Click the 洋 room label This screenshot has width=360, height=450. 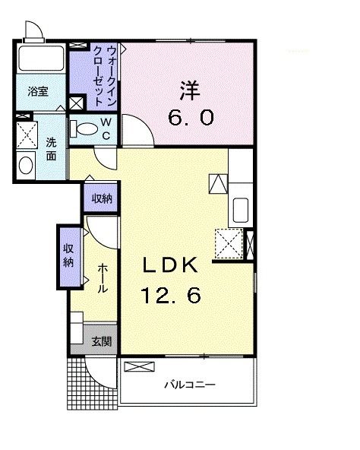click(x=188, y=90)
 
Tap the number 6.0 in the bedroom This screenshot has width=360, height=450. click(x=190, y=118)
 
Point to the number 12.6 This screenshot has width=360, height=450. click(x=172, y=295)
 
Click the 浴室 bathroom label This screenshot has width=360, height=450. click(x=38, y=91)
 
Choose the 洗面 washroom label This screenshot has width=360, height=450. click(x=50, y=148)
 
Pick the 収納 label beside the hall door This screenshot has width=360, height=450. click(x=102, y=198)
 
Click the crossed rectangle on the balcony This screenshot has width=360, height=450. click(x=137, y=367)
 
